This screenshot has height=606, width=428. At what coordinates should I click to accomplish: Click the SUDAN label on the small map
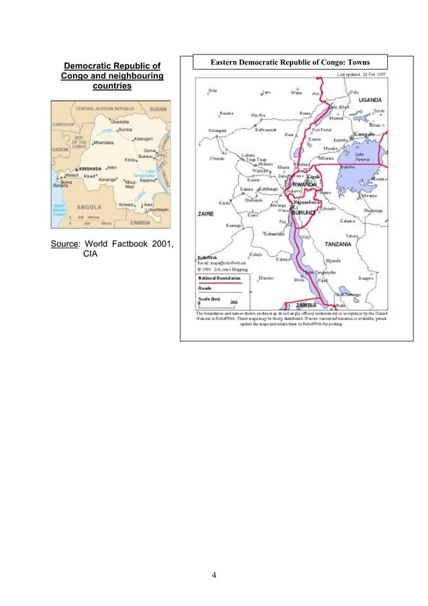point(158,107)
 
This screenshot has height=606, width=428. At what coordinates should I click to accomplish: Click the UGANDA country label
point(369,99)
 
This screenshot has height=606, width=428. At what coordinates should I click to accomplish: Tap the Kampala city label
point(363,134)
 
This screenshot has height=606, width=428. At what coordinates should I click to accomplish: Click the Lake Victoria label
point(360,159)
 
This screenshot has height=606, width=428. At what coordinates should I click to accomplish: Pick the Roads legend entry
point(205,287)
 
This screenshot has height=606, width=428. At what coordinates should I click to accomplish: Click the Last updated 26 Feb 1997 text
point(363,74)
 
